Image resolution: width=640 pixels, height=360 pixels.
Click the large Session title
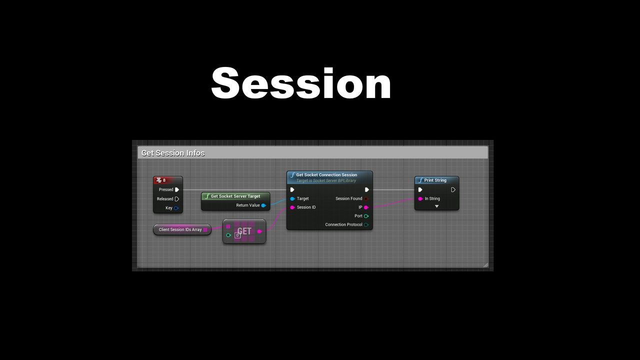(x=301, y=83)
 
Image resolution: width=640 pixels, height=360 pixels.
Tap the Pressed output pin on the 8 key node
(x=177, y=189)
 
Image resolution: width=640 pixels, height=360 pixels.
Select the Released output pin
(x=177, y=199)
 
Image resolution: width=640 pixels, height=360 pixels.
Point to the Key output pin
(x=176, y=208)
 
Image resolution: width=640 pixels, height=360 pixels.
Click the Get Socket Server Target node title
(x=235, y=196)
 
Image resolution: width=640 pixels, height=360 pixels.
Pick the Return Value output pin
(x=263, y=205)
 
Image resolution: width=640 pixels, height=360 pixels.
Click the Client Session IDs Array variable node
(x=182, y=229)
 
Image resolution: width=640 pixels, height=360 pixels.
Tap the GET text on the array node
(x=244, y=231)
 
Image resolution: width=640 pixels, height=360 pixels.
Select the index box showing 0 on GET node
(x=237, y=235)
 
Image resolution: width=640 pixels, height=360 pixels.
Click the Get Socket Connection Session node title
(x=326, y=175)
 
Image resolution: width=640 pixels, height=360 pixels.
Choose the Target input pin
(x=292, y=198)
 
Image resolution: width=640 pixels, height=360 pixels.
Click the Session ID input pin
(x=292, y=207)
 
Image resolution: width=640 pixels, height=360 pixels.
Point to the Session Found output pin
(x=366, y=198)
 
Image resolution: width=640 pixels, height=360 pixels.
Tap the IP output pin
(x=366, y=207)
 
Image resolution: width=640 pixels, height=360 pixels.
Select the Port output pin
(x=366, y=216)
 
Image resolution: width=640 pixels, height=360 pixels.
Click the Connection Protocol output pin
(x=366, y=225)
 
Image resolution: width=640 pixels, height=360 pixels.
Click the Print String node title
(x=435, y=180)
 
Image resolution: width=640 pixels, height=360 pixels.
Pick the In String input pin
(x=420, y=198)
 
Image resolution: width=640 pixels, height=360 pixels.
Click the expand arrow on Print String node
(x=436, y=206)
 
